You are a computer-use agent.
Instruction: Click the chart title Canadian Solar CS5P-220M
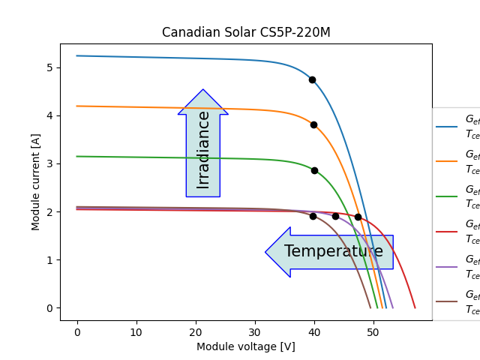(246, 33)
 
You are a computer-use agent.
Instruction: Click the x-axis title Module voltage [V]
(246, 346)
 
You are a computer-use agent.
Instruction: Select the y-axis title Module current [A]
(36, 182)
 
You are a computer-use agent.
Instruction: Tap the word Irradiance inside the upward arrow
(203, 149)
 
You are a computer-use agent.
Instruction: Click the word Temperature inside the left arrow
(334, 252)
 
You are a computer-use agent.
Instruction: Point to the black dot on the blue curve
(312, 79)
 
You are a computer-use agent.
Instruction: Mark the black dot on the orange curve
(313, 124)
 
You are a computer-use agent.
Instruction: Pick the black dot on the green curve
(314, 170)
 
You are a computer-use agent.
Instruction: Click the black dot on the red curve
(358, 217)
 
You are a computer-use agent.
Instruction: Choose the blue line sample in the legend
(447, 127)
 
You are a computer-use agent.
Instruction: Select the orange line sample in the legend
(447, 161)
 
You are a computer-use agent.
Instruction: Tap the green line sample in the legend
(447, 196)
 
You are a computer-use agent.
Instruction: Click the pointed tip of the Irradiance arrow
(203, 90)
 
